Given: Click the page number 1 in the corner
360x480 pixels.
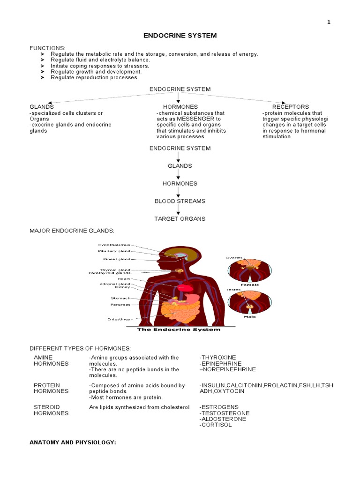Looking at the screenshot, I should coord(329,22).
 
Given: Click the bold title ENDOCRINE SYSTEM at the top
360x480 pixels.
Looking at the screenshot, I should coord(180,36).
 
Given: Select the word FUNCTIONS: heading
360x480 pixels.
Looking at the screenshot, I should coord(48,48).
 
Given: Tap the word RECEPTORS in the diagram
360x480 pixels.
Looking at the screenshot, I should coord(291,107).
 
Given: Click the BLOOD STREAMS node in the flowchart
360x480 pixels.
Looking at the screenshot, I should coord(180,201).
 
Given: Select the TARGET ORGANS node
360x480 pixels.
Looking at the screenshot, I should coord(180,218).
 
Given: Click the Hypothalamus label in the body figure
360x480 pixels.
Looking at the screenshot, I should coord(114,245).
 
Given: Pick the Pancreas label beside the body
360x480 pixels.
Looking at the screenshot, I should coord(120,304).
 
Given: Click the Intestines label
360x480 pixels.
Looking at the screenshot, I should coord(119,319).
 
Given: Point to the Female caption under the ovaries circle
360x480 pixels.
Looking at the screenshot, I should coord(249,285).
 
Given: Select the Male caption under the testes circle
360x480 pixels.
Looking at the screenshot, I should coord(249,316).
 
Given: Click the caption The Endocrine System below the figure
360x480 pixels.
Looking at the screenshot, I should coord(178,330).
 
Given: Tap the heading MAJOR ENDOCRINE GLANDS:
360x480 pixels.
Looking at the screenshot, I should coord(72,231).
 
